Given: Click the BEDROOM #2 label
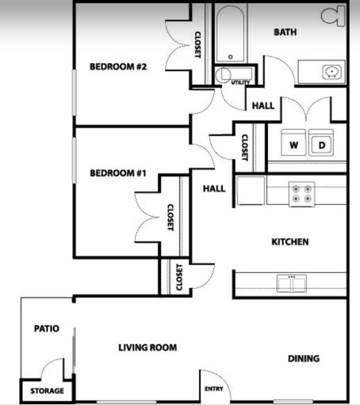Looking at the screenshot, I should tap(118, 67).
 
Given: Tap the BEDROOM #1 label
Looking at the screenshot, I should tap(118, 173).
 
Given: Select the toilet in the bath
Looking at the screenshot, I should tap(334, 17).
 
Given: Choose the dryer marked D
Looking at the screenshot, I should tap(321, 144).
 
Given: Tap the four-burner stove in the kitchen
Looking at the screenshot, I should tap(302, 194).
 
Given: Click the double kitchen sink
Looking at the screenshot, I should tap(292, 283).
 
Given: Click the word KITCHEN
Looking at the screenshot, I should tap(290, 242).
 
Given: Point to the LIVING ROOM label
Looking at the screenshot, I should tap(147, 347).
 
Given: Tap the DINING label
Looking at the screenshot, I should tap(303, 359).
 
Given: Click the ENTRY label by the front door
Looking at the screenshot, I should tap(214, 389).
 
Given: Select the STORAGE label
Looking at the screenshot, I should tap(47, 391).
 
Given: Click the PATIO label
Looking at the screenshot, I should tap(46, 329).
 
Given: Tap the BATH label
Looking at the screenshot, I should tap(285, 32).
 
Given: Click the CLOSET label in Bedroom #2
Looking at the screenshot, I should tap(198, 44).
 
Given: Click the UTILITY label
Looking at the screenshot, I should tap(240, 82).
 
